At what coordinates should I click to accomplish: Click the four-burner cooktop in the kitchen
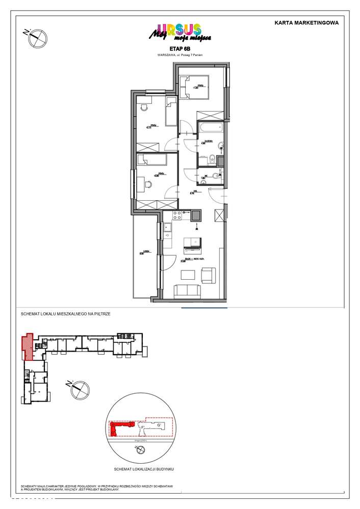pos(177,216)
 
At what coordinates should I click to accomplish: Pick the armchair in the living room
pos(209,275)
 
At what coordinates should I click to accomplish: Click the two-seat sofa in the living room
pos(188,291)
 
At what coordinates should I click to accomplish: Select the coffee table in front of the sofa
pos(189,275)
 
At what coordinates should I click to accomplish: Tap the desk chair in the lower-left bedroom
pos(148,184)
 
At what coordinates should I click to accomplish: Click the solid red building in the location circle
pos(120,427)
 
